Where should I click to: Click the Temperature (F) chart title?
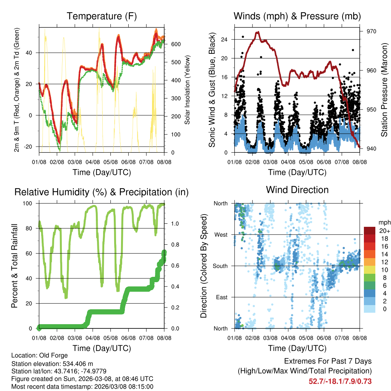click(x=102, y=16)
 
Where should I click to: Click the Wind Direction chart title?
click(x=297, y=190)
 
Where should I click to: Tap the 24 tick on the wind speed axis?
click(x=224, y=39)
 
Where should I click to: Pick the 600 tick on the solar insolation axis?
click(x=175, y=44)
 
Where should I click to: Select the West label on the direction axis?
click(x=220, y=234)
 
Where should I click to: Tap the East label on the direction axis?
click(x=221, y=297)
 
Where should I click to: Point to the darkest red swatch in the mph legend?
click(x=369, y=231)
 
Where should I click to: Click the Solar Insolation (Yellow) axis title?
click(x=187, y=90)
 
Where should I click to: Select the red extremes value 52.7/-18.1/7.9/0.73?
click(x=340, y=381)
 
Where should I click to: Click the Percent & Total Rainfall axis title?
click(x=14, y=266)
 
